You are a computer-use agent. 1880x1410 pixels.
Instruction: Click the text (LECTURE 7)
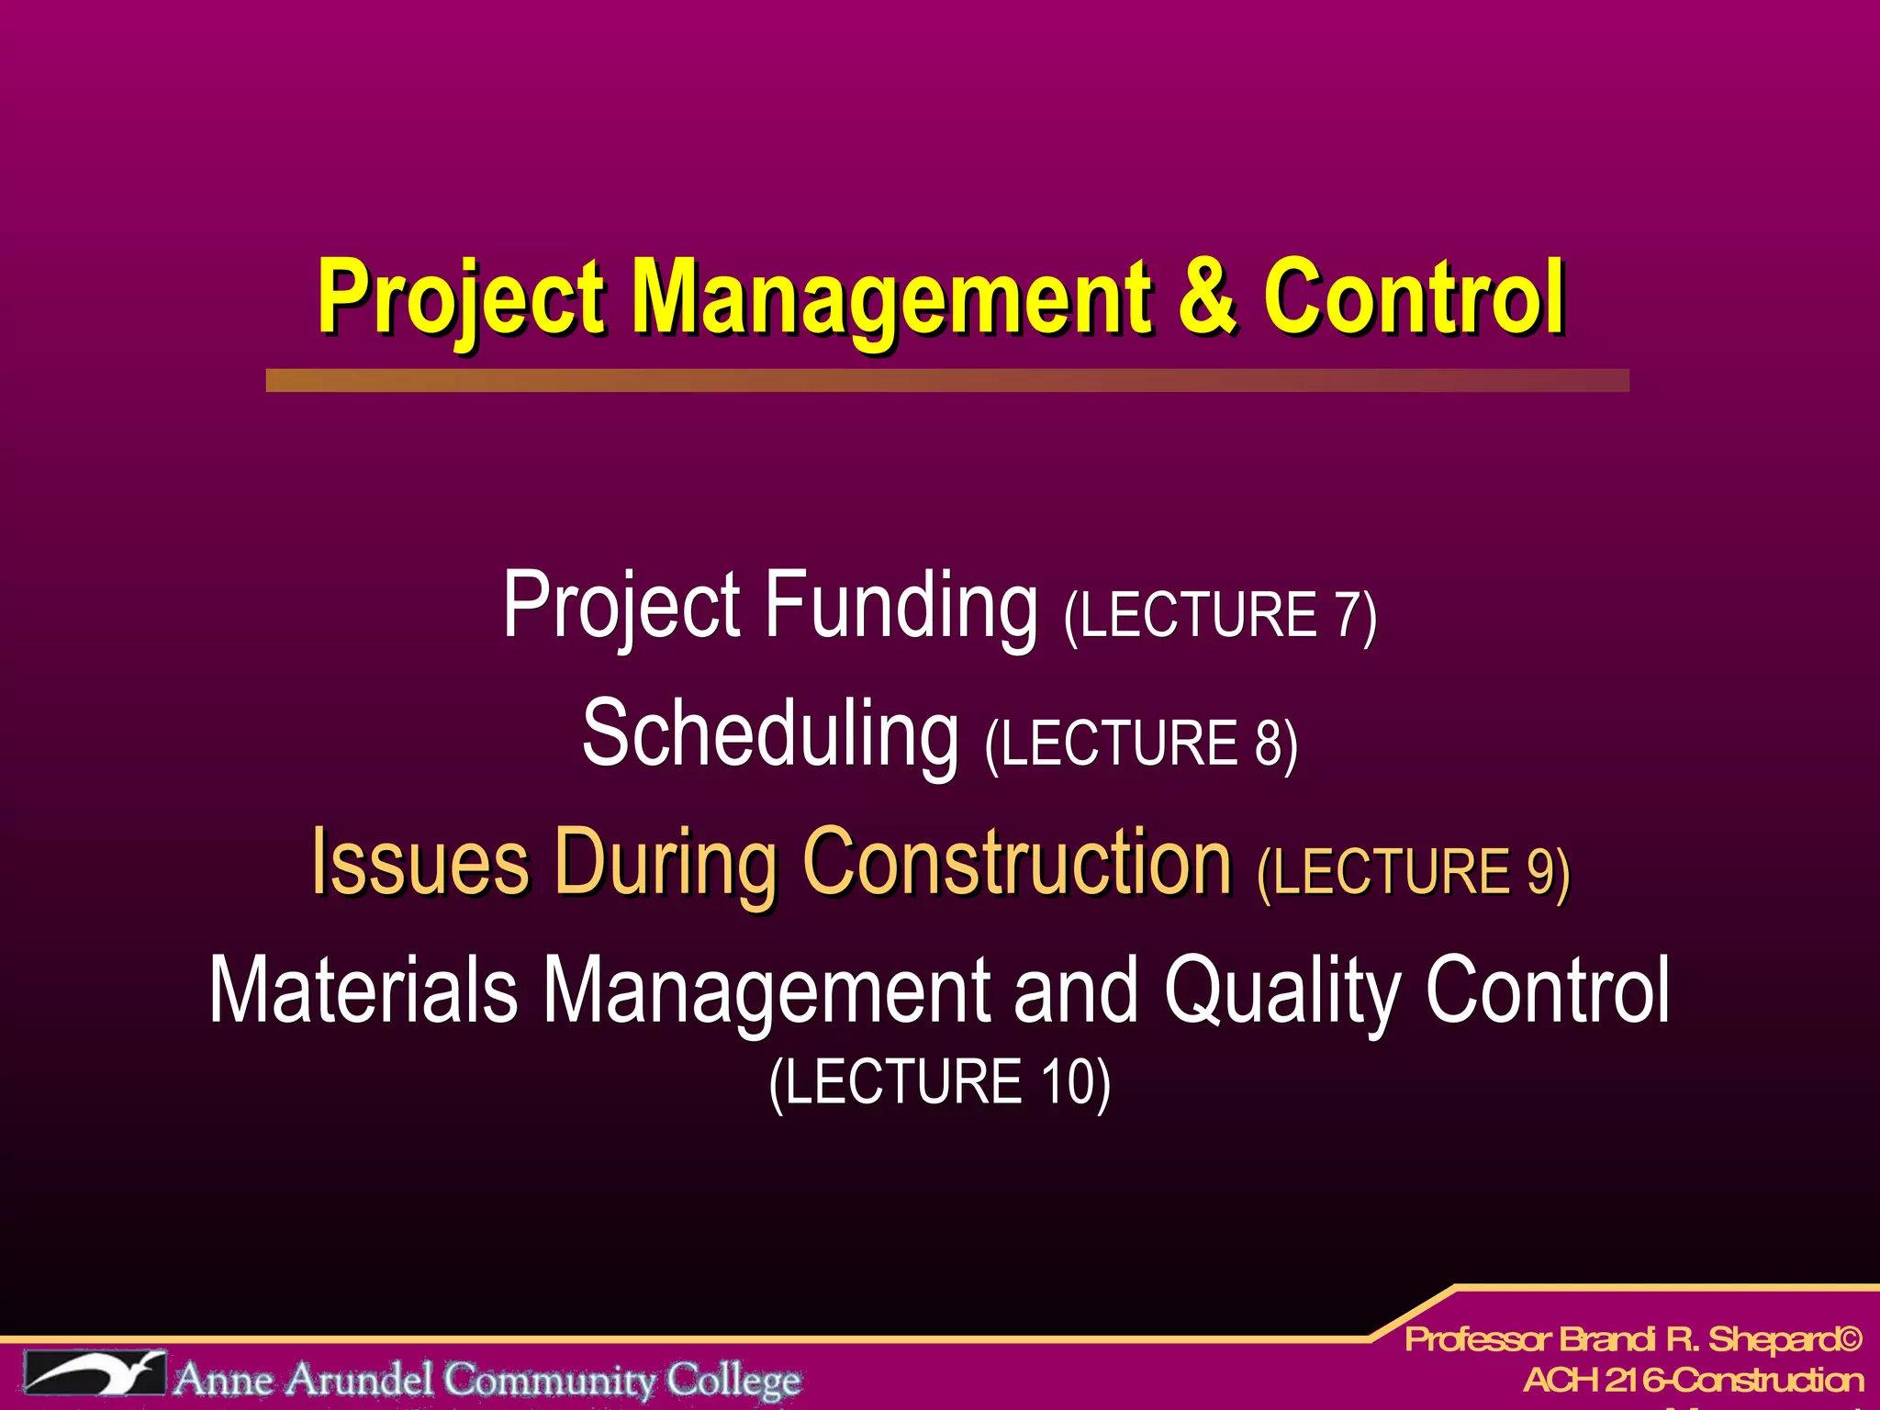(x=1220, y=617)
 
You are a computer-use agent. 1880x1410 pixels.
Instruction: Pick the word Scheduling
(x=770, y=734)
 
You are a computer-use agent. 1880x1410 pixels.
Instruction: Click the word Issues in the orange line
(x=420, y=863)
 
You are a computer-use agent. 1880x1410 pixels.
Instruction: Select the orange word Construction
(x=1016, y=863)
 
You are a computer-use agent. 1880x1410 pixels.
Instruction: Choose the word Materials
(x=364, y=991)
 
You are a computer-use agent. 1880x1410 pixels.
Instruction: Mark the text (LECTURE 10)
(x=939, y=1083)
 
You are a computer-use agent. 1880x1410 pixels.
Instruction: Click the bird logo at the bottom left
(x=95, y=1373)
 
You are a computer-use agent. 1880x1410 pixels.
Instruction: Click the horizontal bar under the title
(x=947, y=381)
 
